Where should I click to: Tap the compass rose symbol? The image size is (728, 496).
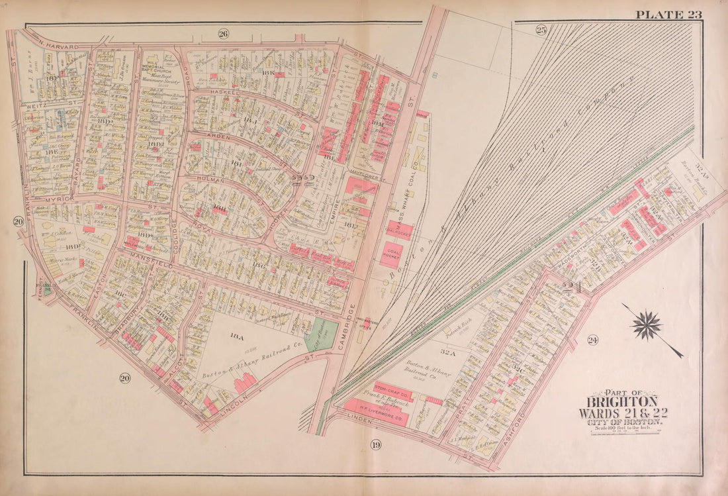(647, 325)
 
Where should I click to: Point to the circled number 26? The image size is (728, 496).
(223, 34)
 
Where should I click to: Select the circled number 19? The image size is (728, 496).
(376, 444)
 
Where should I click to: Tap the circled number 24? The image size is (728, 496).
(592, 340)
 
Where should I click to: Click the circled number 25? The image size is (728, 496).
(541, 29)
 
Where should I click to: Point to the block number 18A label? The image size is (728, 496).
(237, 336)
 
